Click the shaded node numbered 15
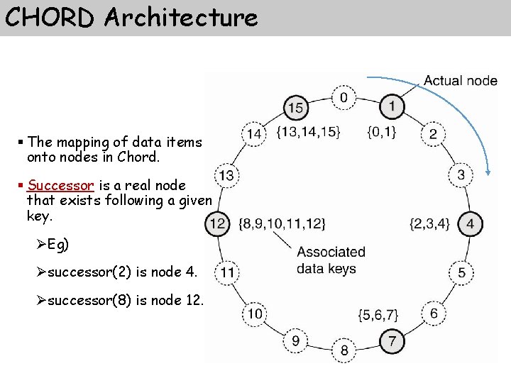[296, 108]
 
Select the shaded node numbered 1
[391, 106]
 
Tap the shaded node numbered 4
[470, 224]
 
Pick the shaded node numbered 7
[391, 341]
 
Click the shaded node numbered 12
[217, 224]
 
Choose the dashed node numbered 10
[254, 313]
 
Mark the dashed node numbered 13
[226, 175]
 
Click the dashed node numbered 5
[461, 272]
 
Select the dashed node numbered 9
[295, 341]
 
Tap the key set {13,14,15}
[309, 131]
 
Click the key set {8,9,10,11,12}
[283, 224]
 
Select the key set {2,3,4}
[430, 224]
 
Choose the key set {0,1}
[382, 131]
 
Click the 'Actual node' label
[461, 80]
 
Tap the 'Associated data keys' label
[331, 260]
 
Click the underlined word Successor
[60, 185]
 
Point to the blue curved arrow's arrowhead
[488, 170]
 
